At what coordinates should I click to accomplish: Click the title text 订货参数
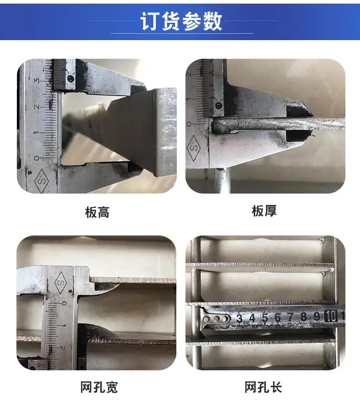tap(181, 21)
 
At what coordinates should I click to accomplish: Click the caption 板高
tap(97, 212)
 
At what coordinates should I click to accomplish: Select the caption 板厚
tap(264, 211)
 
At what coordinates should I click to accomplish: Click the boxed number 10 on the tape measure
tap(331, 316)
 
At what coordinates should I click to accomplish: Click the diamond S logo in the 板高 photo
tap(41, 181)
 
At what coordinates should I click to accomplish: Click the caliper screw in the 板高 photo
tap(71, 78)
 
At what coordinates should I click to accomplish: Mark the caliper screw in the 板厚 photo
tap(219, 106)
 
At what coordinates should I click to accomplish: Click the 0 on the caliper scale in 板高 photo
tap(36, 158)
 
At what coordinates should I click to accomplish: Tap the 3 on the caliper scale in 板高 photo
tap(36, 80)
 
